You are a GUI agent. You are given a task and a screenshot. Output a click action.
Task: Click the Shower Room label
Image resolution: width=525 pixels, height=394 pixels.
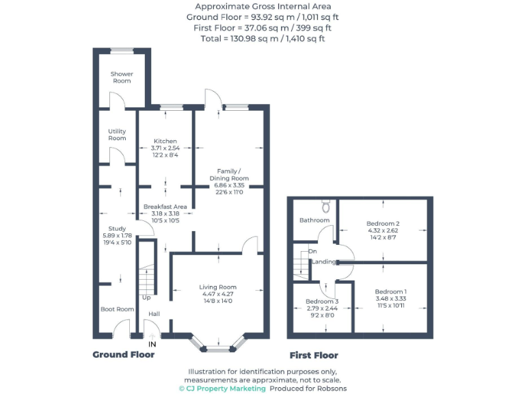click(122, 77)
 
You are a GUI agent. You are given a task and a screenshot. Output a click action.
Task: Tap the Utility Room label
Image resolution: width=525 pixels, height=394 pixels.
click(117, 134)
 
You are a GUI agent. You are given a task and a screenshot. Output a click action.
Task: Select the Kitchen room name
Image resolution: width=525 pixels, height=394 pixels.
click(165, 141)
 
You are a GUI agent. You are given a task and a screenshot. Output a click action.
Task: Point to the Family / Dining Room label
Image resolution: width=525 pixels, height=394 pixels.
click(229, 174)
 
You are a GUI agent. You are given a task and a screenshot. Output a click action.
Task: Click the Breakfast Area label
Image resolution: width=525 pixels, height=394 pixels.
click(165, 207)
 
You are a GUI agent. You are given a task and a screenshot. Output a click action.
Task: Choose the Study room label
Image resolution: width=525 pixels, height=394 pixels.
click(117, 228)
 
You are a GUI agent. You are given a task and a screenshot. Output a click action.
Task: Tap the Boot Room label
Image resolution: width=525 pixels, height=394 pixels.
click(117, 309)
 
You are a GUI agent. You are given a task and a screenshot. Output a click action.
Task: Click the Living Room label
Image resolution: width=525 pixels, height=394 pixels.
click(217, 287)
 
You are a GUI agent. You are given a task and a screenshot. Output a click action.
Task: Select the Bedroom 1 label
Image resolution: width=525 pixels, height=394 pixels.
click(390, 291)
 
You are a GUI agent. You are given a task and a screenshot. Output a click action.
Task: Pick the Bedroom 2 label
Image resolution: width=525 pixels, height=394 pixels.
click(382, 224)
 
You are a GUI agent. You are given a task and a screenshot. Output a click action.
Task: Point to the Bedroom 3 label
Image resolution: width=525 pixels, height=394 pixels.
click(321, 302)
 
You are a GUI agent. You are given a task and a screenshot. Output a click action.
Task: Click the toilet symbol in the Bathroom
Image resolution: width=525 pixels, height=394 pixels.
click(326, 206)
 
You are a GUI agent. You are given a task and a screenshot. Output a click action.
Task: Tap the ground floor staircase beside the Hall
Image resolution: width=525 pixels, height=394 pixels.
click(148, 280)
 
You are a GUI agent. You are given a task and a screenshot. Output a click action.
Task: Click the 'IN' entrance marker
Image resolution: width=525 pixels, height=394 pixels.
click(152, 344)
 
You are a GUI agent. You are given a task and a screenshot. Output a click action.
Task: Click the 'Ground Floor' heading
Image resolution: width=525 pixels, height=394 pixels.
click(123, 355)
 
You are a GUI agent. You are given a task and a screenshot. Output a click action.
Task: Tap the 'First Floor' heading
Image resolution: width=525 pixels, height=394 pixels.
click(314, 356)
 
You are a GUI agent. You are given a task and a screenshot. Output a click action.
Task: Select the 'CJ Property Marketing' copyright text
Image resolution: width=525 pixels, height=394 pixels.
click(222, 389)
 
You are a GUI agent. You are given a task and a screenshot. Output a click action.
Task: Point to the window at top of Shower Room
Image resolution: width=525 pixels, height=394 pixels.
click(122, 49)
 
